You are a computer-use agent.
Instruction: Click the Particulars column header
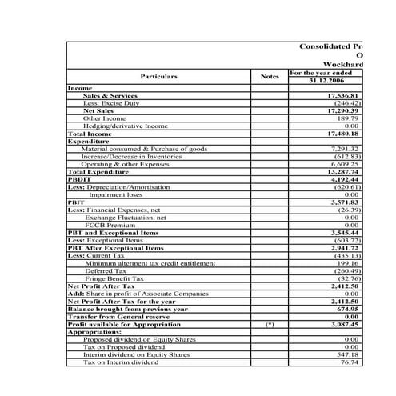point(158,77)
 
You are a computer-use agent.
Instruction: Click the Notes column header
point(270,77)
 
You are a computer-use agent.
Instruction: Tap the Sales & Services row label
point(110,96)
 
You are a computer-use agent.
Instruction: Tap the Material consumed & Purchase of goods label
point(144,149)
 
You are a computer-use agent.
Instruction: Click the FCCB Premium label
point(112,225)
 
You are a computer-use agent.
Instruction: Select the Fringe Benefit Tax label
point(115,278)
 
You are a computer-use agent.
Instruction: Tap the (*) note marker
point(270,324)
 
